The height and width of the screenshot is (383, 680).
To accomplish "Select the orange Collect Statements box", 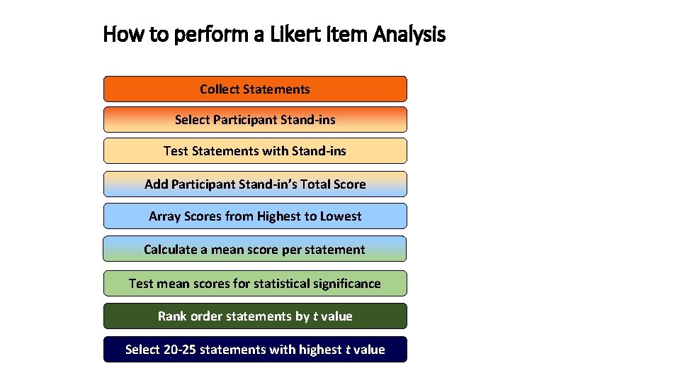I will point(255,89).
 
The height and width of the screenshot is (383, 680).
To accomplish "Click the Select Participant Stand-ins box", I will point(255,120).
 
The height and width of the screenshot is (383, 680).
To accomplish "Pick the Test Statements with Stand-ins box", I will point(255,151).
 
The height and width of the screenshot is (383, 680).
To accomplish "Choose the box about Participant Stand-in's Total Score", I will point(255,184).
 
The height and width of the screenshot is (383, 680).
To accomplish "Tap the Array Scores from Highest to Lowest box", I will point(255,216).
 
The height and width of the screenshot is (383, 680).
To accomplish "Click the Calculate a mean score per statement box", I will point(255,250).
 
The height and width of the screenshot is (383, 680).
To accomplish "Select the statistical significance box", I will point(255,284).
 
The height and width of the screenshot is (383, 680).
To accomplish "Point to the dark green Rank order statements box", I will point(255,316).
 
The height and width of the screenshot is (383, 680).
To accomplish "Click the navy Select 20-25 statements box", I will point(255,350).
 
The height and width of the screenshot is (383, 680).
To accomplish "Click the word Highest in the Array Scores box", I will point(280,216).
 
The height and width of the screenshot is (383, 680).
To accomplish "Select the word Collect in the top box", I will point(219,89).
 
